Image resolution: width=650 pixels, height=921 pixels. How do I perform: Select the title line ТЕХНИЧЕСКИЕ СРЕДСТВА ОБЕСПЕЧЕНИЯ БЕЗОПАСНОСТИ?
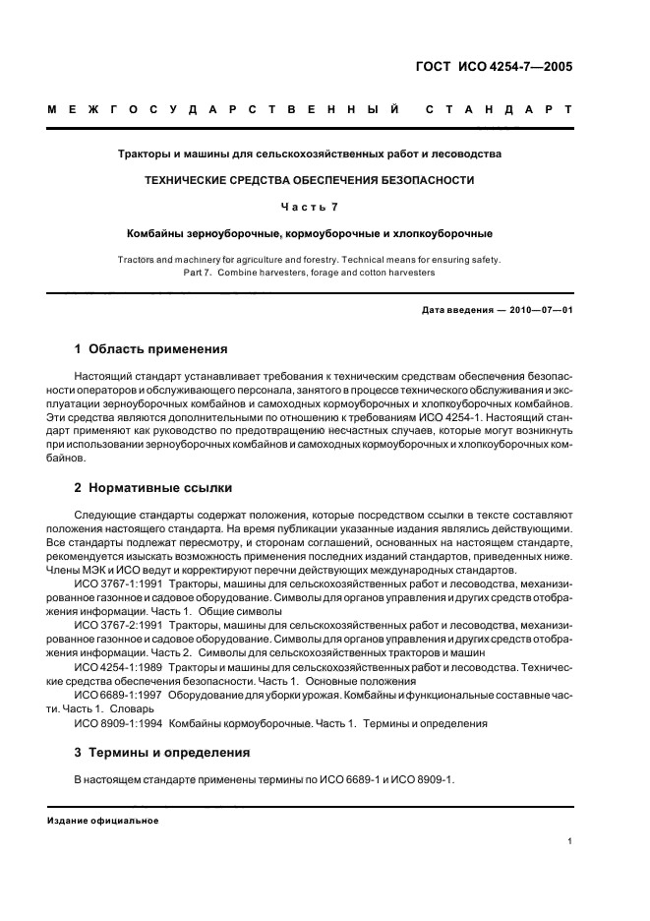click(x=309, y=181)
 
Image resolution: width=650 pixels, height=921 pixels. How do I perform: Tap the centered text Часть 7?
click(x=309, y=208)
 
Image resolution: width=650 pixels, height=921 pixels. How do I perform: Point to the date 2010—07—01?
click(x=539, y=311)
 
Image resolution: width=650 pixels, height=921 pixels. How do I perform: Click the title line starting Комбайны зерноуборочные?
click(x=309, y=234)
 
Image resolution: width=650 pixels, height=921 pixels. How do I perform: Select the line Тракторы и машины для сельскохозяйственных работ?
click(x=309, y=154)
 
